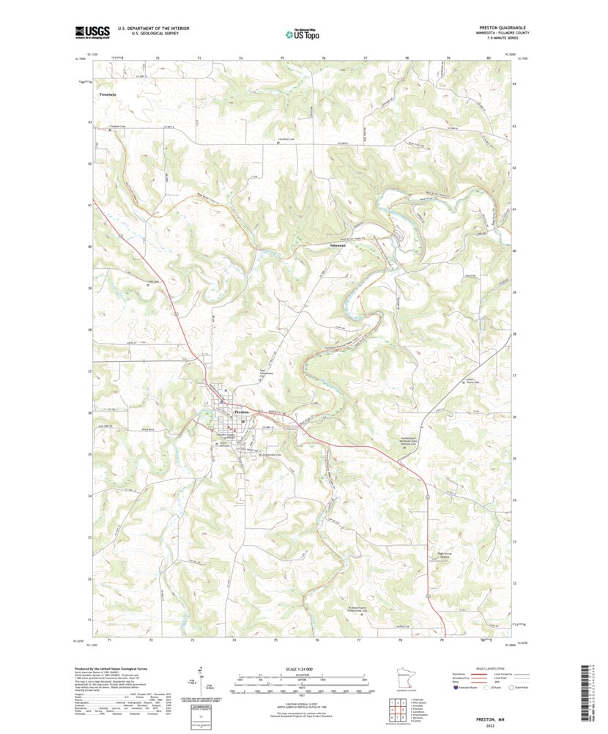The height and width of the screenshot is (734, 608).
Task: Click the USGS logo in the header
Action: [92, 31]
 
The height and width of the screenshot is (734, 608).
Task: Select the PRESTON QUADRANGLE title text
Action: [498, 27]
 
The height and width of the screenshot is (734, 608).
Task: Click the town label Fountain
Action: [108, 94]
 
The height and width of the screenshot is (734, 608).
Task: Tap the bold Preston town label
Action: [242, 413]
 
